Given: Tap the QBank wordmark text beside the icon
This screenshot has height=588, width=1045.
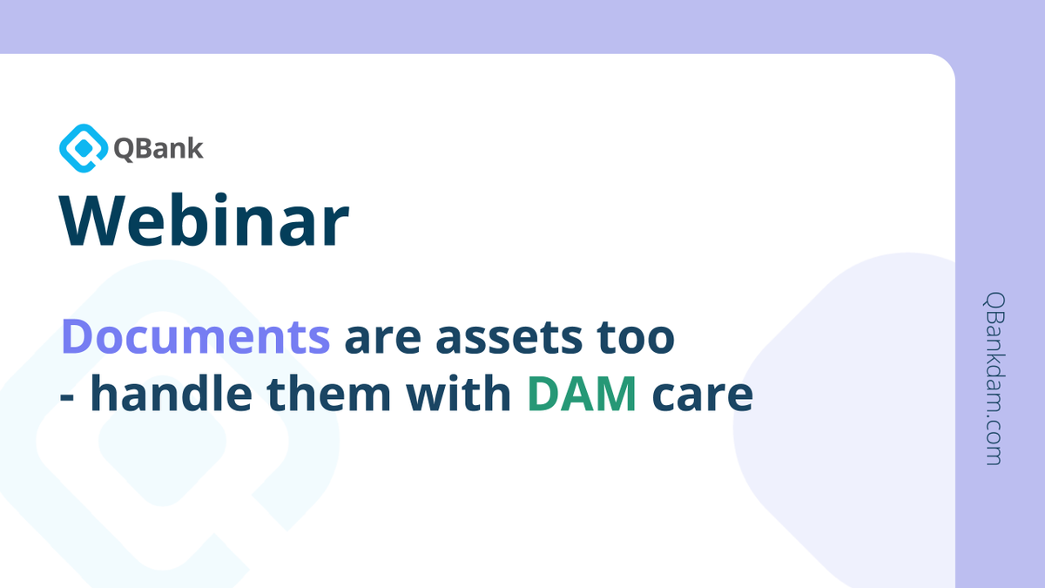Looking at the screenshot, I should pos(158,149).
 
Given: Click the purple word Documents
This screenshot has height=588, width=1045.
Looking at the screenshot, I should pos(196,337).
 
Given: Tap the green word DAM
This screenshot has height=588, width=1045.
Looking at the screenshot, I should pos(583,395).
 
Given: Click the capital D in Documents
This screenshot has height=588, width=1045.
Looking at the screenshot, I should pos(78,337).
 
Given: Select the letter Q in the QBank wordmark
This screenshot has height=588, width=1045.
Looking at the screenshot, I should pos(124,149).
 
